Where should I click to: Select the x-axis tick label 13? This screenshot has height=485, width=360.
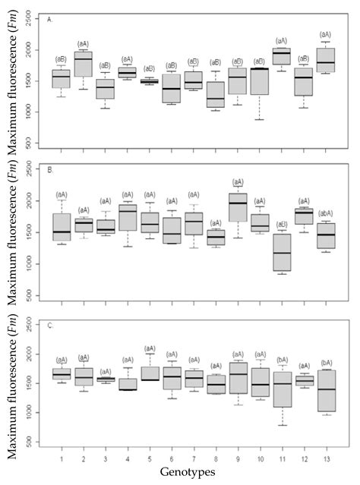click(326, 458)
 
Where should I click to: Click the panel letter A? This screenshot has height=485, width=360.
click(49, 19)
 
